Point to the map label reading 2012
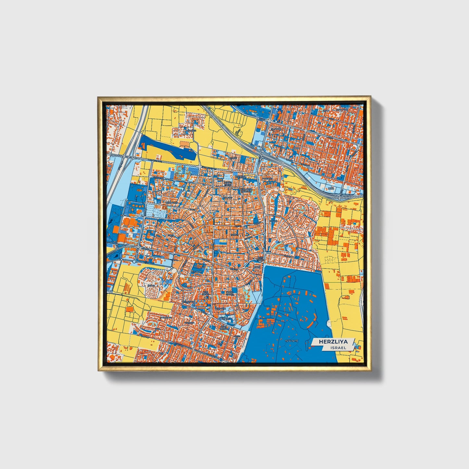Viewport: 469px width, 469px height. point(331,188)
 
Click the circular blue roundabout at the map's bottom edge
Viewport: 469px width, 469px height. point(221,360)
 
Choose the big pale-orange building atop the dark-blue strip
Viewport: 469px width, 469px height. point(185,143)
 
